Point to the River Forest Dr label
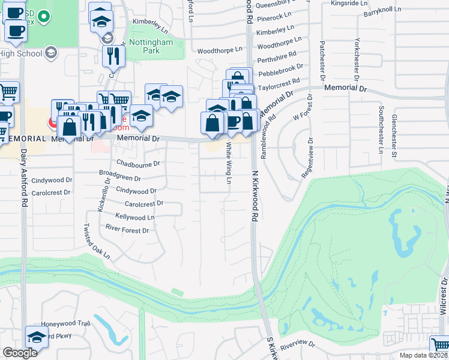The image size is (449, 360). (x=127, y=230)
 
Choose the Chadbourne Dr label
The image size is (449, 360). (x=138, y=163)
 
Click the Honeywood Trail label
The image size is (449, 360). (x=65, y=323)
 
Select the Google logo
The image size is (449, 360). (x=19, y=353)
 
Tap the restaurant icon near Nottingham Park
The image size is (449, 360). (x=113, y=56)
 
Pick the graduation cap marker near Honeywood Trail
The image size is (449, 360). (x=37, y=337)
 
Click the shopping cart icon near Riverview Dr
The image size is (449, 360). (x=441, y=344)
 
